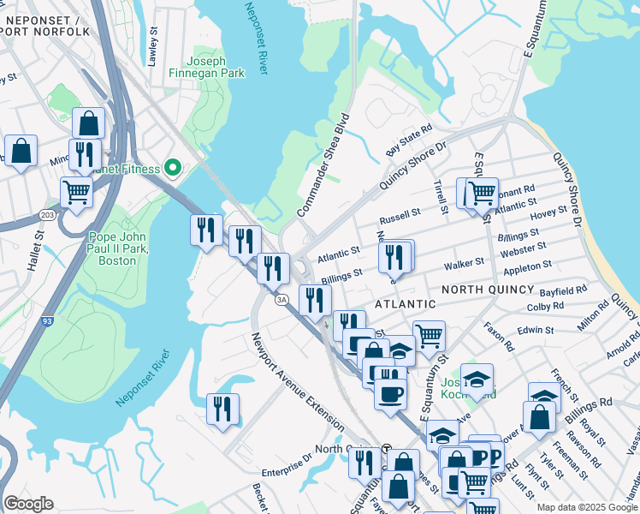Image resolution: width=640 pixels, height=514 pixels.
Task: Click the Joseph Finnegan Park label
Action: pyautogui.click(x=218, y=67)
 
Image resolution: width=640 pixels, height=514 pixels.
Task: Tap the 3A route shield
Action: pyautogui.click(x=281, y=299)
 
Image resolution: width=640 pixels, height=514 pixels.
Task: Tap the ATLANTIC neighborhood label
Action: pyautogui.click(x=406, y=304)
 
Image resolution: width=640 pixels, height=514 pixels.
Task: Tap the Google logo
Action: pyautogui.click(x=28, y=504)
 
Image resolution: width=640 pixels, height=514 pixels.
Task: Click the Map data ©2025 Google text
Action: pyautogui.click(x=587, y=507)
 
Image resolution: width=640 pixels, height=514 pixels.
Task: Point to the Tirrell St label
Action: pyautogui.click(x=441, y=197)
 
